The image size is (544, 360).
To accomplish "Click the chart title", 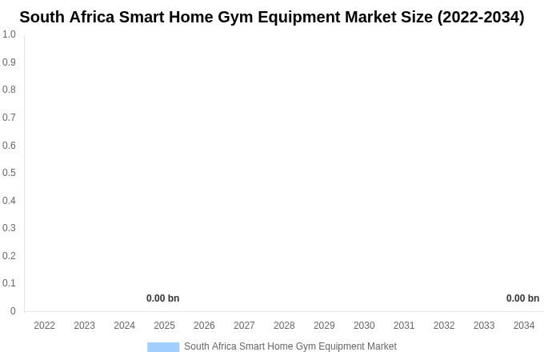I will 272,17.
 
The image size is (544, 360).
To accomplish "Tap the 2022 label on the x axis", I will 45,326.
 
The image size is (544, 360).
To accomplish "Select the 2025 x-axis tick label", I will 164,326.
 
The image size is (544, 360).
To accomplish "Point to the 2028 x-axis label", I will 284,326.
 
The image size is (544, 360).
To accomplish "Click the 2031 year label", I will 404,326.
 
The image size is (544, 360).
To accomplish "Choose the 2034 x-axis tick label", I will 524,326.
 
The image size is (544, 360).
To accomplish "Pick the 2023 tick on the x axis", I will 85,326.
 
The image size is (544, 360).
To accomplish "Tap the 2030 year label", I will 364,326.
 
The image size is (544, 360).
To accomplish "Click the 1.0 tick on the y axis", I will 9,34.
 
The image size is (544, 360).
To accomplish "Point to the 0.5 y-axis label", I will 9,173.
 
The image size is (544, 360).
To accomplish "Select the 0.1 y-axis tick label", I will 9,283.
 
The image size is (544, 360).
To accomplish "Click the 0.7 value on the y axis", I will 9,118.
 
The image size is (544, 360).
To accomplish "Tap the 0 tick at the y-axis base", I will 13,311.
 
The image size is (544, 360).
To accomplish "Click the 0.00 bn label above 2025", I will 162,298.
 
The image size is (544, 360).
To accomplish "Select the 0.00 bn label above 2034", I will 522,298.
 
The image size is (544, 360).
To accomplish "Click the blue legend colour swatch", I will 163,346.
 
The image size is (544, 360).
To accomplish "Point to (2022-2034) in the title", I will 481,17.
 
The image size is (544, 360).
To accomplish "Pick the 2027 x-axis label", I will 244,326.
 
